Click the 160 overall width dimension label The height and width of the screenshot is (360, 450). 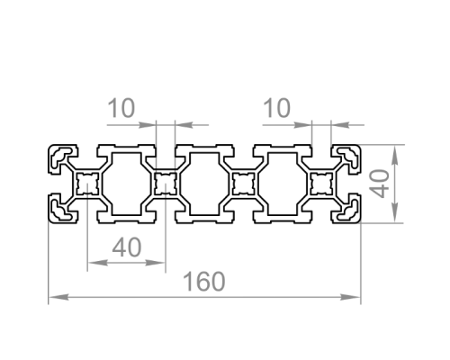pos(203,282)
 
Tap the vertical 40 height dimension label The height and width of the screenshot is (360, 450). pos(379,184)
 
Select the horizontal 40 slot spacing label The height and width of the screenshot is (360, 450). pos(127,247)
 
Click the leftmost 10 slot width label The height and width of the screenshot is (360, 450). pos(121,108)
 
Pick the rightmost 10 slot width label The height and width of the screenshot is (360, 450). pos(276,108)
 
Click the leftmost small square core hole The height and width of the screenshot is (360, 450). pos(87,184)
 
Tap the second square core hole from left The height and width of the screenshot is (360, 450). pos(166,184)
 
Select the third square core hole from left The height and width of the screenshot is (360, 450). pos(244,184)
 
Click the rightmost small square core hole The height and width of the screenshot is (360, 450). pos(321,184)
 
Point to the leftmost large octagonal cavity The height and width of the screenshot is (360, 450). pos(126,184)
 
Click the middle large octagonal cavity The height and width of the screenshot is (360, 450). pos(204,184)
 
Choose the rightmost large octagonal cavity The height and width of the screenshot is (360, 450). pos(283,184)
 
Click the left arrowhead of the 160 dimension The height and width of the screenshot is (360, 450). pos(58,297)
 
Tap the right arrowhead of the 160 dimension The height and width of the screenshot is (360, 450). pos(350,297)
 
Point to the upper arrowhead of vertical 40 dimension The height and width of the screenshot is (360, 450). pos(395,155)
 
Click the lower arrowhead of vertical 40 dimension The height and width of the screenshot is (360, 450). pos(395,213)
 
